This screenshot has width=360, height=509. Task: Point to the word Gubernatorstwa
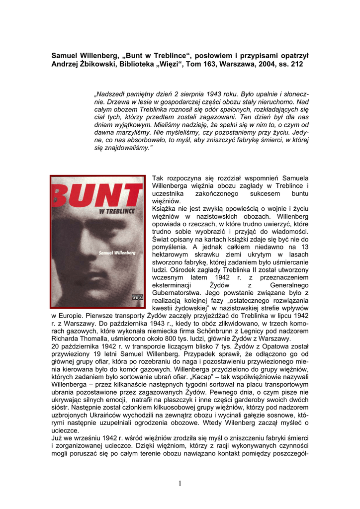click(177, 293)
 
